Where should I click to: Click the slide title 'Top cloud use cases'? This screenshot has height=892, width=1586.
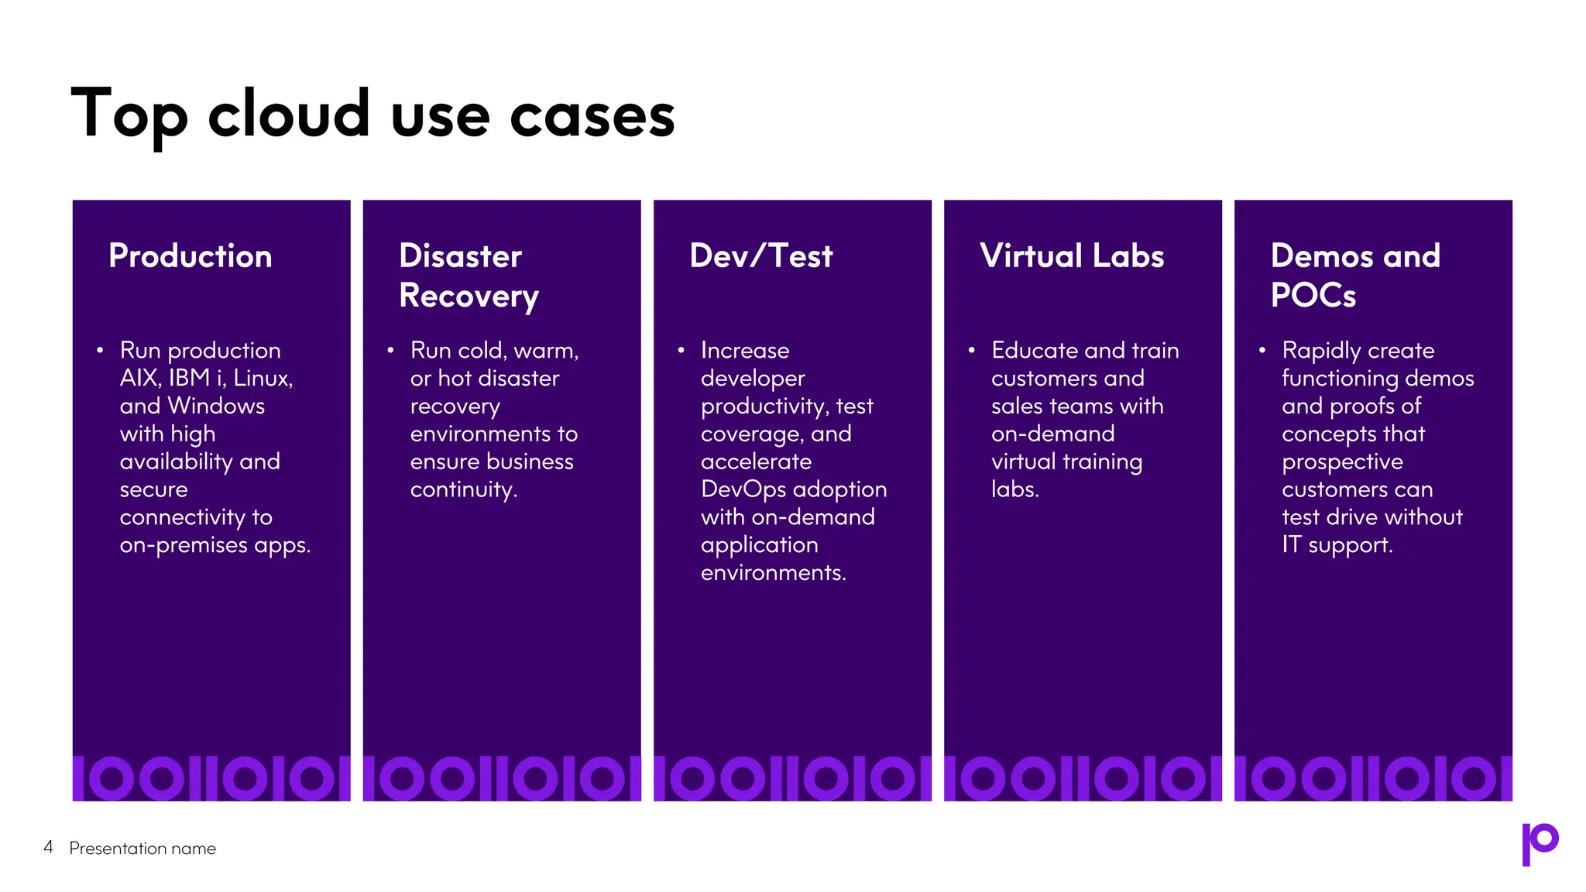coord(372,115)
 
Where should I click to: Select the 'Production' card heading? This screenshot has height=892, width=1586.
coord(191,256)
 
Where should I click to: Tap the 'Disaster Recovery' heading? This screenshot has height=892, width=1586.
coord(469,276)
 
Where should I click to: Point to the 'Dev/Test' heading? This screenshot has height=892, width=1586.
coord(760,256)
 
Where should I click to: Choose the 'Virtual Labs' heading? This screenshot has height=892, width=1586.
coord(1072,256)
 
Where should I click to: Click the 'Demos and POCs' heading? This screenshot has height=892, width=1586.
coord(1355,276)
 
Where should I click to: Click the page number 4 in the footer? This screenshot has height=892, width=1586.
coord(48,847)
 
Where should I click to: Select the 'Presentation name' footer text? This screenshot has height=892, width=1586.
coord(142,849)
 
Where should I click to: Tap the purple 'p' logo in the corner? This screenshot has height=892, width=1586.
coord(1540,844)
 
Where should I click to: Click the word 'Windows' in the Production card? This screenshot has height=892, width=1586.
coord(217,406)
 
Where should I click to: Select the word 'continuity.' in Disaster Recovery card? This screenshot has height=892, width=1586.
coord(464,490)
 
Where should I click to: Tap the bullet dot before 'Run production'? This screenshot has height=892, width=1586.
coord(101,351)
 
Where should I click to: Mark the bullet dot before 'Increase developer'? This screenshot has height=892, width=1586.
coord(681,351)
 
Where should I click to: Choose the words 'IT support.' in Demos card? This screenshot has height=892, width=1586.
coord(1337,545)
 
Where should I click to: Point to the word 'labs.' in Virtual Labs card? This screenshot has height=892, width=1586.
coord(1014,489)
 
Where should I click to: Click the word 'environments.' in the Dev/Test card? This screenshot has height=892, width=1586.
coord(773,573)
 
